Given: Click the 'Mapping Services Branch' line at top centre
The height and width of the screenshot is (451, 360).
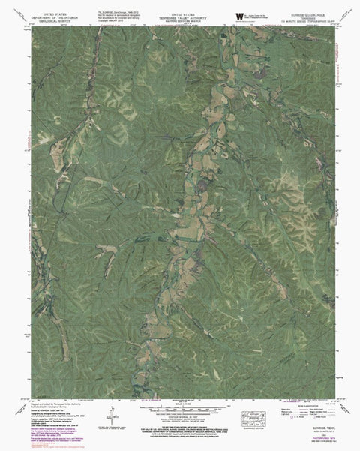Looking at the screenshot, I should pyautogui.click(x=181, y=20).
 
